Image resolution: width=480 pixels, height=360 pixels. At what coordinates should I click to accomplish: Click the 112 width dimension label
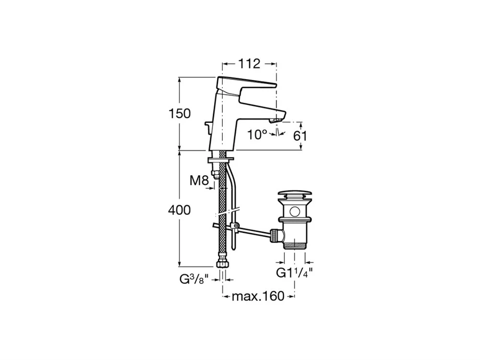point(249,64)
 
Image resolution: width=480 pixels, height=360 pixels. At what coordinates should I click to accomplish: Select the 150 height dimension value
point(180,114)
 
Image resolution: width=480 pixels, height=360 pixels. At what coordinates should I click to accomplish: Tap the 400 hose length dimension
point(180,210)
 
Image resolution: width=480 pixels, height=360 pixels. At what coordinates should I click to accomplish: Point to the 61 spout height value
point(300,136)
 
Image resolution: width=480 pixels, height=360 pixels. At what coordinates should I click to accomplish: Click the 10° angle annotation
point(257,134)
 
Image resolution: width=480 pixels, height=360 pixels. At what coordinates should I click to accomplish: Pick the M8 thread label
point(199,180)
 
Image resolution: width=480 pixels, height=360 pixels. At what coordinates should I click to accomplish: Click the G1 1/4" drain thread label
point(295,272)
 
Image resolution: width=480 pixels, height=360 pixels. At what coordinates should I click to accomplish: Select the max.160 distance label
point(258,296)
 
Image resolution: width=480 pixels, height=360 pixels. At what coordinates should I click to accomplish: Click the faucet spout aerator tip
point(276,121)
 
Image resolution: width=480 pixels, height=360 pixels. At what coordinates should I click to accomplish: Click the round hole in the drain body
point(295,211)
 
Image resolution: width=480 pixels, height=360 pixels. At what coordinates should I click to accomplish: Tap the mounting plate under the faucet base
point(220,160)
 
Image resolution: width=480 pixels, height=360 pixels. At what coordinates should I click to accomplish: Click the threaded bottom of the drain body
point(295,245)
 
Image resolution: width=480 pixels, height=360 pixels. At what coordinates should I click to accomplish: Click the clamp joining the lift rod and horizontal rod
point(235,226)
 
